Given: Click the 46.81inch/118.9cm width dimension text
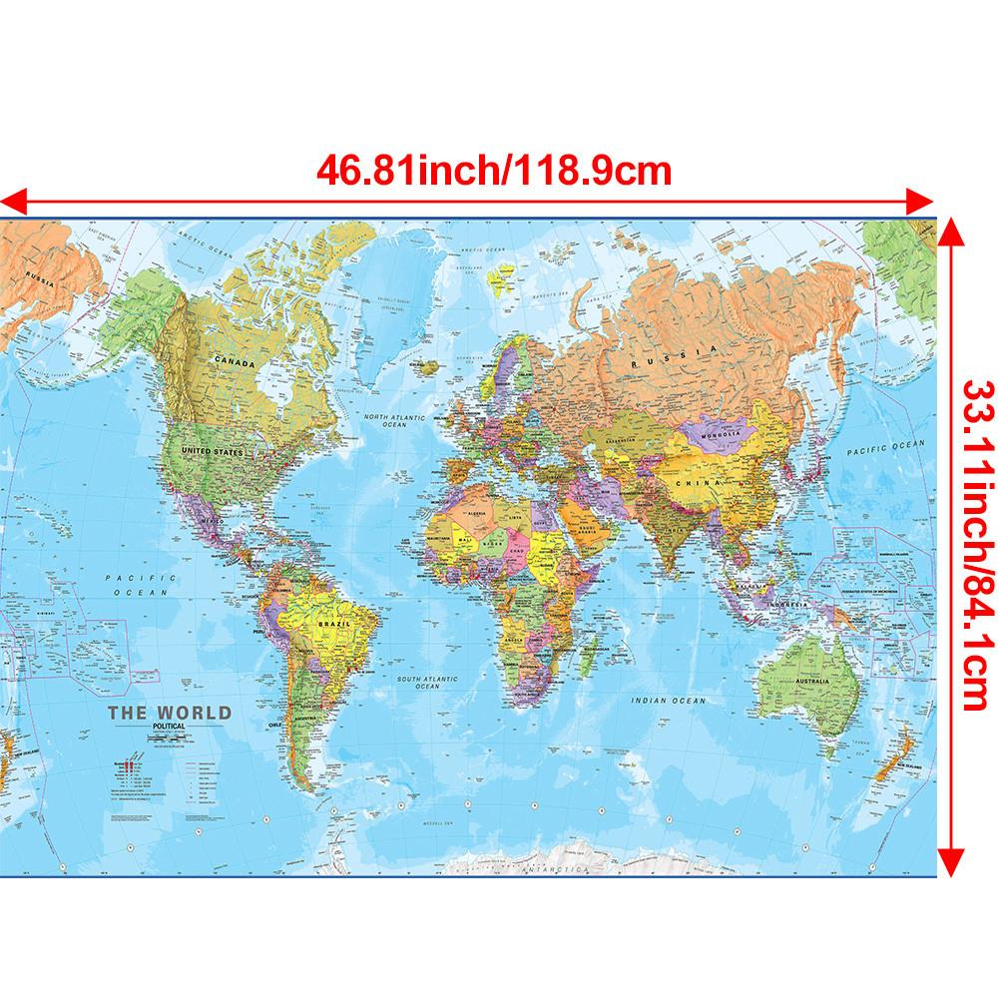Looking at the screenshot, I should click(x=493, y=170).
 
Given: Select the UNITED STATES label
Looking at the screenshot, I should click(x=212, y=452).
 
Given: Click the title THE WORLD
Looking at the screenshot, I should click(x=168, y=713).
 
